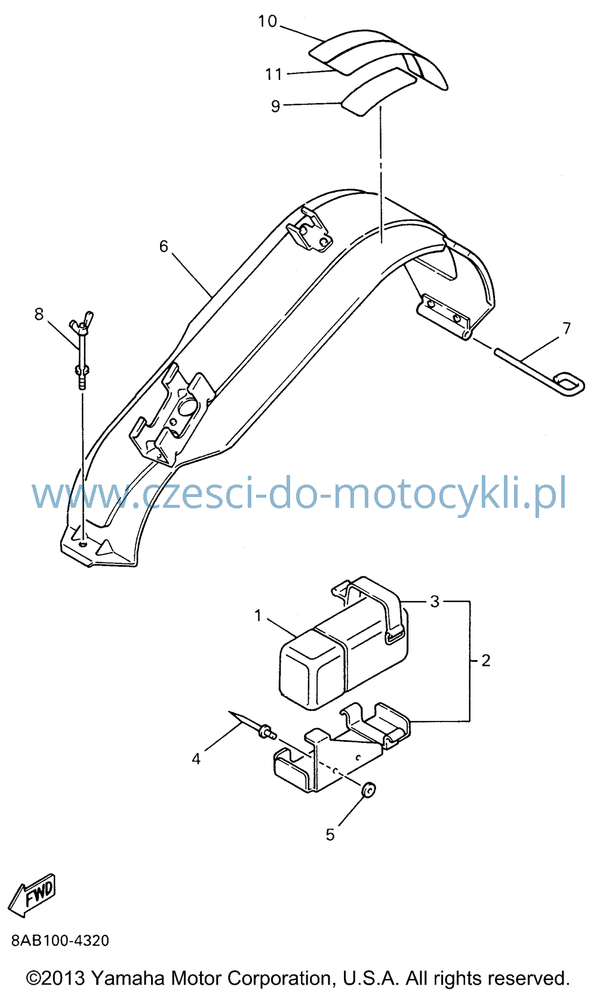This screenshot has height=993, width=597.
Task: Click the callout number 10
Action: click(x=267, y=21)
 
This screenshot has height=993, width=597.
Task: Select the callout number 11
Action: click(x=273, y=74)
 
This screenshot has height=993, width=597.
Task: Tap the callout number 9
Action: click(x=275, y=106)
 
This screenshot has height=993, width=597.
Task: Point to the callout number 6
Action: click(x=164, y=246)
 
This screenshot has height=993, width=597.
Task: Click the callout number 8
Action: click(x=39, y=314)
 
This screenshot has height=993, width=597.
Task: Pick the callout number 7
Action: click(x=567, y=328)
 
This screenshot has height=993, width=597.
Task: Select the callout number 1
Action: click(x=258, y=616)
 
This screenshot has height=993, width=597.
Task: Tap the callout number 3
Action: click(x=435, y=601)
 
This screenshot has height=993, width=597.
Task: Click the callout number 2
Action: click(x=486, y=661)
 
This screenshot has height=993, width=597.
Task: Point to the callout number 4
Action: click(x=196, y=758)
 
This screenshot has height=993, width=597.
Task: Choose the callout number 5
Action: click(x=330, y=835)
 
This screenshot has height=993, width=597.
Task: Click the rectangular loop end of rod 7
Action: click(x=569, y=384)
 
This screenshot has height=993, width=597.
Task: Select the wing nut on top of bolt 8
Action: click(x=82, y=322)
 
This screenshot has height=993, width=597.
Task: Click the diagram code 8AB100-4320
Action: click(x=60, y=940)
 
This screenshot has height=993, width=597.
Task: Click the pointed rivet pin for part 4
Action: click(x=253, y=725)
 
